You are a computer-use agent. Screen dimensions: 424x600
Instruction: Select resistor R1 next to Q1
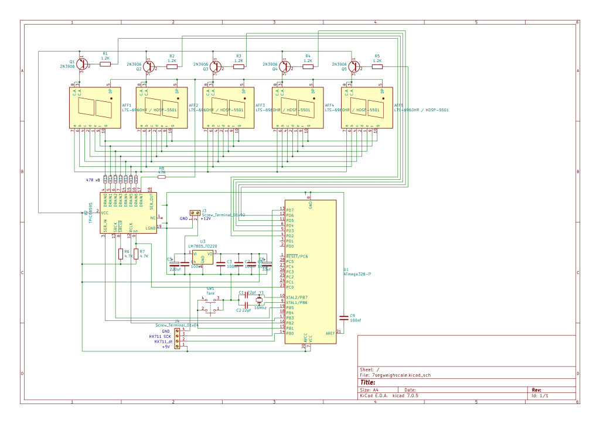[105, 64]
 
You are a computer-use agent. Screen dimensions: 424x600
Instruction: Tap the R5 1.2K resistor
[377, 67]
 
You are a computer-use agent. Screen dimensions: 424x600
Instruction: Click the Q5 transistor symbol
[353, 67]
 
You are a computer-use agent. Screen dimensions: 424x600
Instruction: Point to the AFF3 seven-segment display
[228, 108]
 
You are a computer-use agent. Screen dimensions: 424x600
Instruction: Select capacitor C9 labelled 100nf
[343, 317]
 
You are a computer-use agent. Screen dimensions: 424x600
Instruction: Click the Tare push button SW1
[210, 303]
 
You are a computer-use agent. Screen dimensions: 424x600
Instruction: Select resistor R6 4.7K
[120, 254]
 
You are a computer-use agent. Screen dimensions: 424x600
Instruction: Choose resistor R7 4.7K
[136, 254]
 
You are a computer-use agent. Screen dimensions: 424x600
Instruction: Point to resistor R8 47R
[161, 176]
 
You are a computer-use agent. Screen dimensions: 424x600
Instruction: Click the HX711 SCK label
[159, 337]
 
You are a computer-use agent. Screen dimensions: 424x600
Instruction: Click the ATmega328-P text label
[357, 274]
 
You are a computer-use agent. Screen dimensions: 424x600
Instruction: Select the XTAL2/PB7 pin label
[298, 298]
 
